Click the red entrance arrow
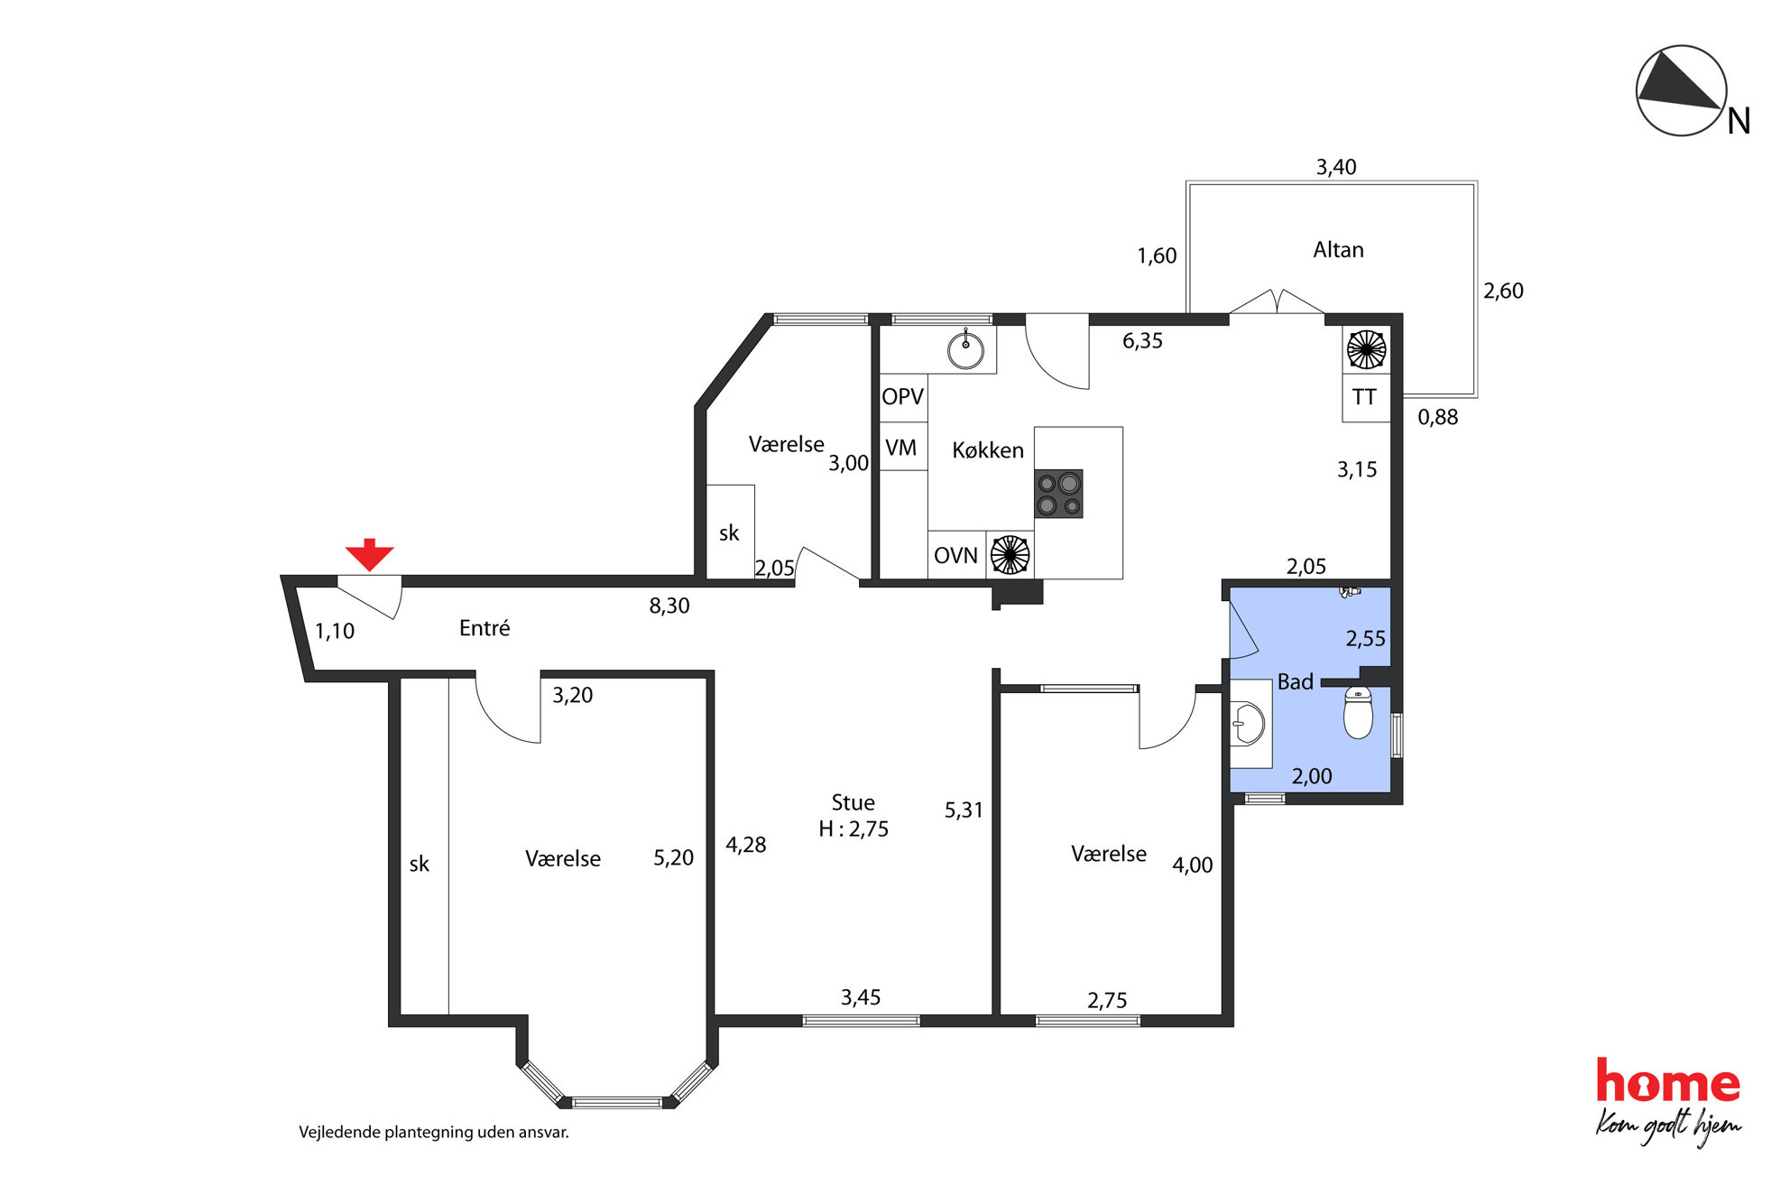point(369,554)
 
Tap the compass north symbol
point(1681,91)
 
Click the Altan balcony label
point(1338,250)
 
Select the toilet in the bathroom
point(1358,712)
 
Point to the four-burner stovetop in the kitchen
point(1058,494)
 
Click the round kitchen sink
point(965,350)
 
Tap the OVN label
point(955,556)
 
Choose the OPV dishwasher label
point(902,397)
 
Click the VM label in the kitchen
point(900,449)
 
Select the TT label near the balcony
point(1364,397)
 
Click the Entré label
point(484,628)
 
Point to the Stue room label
point(853,803)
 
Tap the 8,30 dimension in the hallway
point(669,606)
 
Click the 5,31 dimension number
point(964,810)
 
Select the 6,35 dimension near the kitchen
point(1142,341)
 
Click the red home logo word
point(1667,1081)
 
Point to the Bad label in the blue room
point(1295,682)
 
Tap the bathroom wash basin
point(1250,724)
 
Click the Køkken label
point(988,450)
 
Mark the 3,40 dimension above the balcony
point(1336,167)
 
